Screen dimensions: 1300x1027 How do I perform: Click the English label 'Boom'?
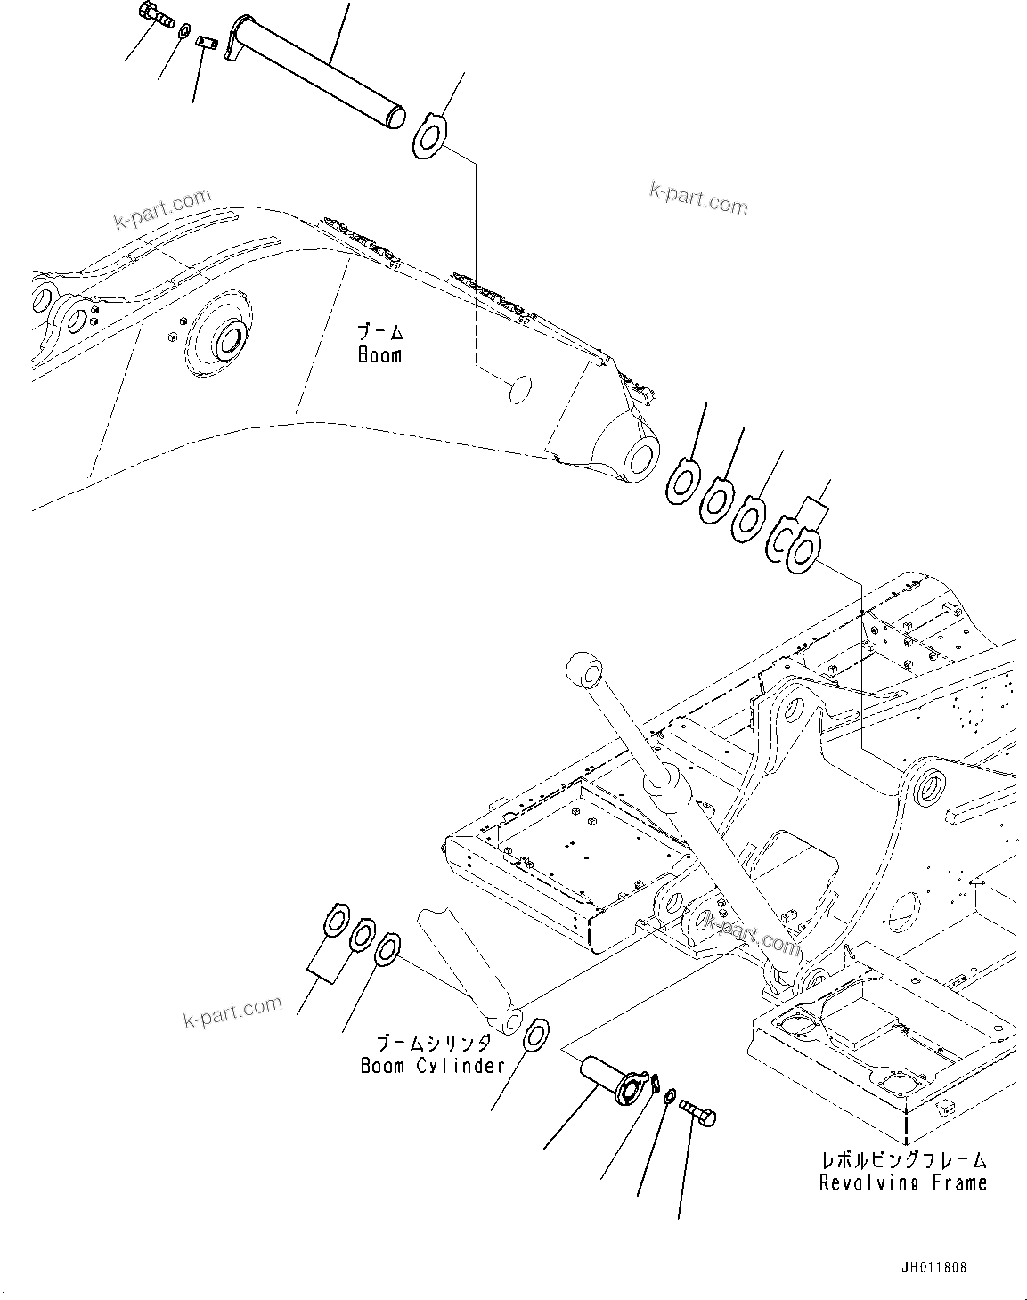tap(379, 355)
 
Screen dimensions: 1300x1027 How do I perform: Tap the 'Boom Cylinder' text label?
tap(432, 1065)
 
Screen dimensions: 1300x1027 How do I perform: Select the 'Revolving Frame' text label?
tap(903, 1182)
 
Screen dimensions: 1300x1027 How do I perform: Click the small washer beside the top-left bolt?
tap(183, 32)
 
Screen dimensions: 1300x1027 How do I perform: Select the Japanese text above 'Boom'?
tap(380, 333)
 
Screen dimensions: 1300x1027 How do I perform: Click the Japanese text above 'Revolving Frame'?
tap(903, 1160)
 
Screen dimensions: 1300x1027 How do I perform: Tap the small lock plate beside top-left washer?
tap(208, 42)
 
